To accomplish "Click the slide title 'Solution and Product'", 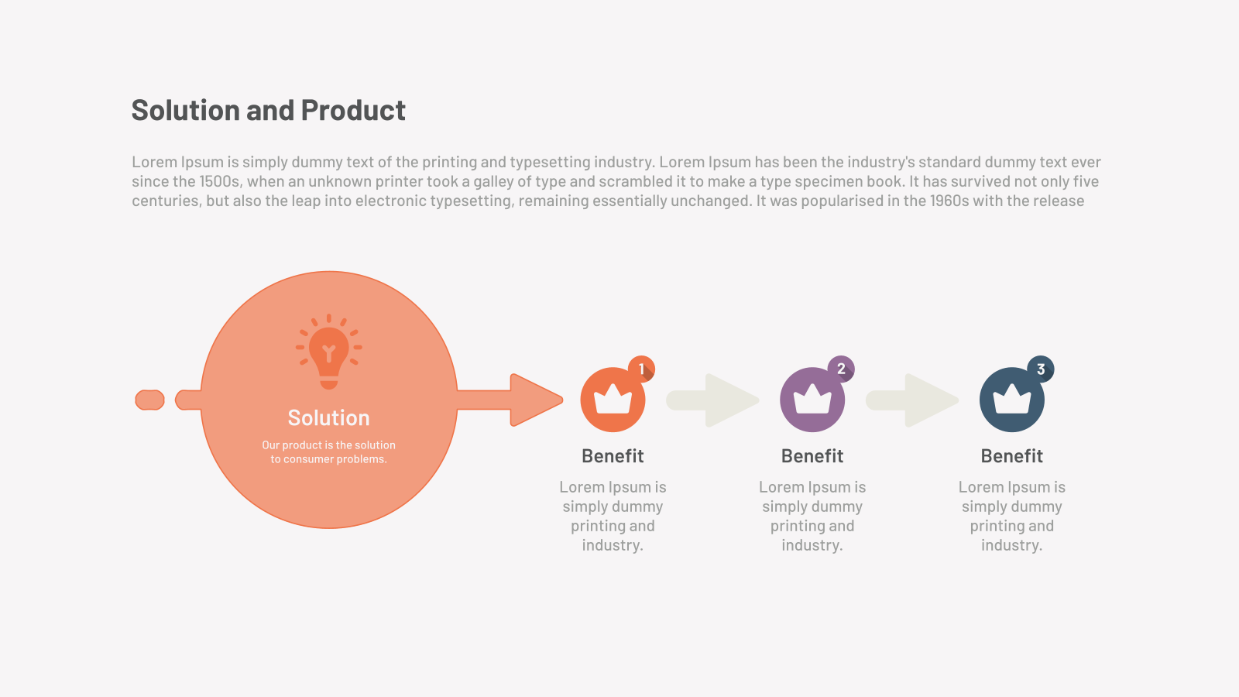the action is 268,110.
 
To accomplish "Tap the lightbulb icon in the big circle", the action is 328,352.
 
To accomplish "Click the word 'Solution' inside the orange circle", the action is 328,417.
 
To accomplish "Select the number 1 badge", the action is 642,369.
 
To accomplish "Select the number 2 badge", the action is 841,369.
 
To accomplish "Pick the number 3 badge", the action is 1041,369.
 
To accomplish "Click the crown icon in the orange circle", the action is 613,400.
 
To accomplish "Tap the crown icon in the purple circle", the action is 812,400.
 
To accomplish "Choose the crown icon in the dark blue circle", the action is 1012,400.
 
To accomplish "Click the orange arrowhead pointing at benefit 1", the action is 534,400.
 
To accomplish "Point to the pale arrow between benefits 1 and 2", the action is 712,400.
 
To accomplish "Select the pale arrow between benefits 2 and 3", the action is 912,400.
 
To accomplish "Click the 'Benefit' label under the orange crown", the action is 613,456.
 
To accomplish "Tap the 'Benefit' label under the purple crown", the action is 812,456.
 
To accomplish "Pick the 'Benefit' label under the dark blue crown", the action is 1012,456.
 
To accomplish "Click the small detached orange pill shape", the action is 150,400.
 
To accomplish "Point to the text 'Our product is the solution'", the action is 328,445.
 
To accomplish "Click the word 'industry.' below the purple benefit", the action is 812,545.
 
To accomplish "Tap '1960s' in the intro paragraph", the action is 949,201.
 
